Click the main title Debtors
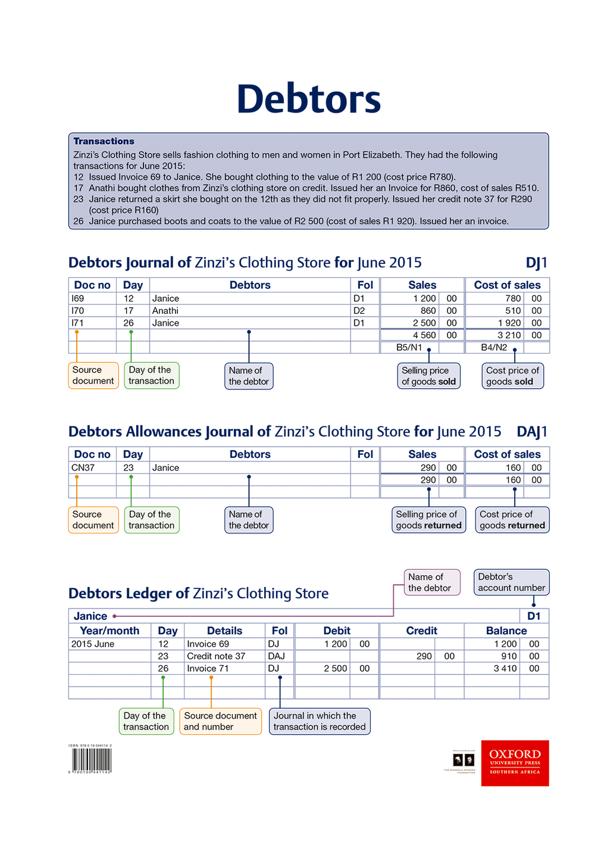coord(309,99)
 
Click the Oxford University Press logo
coord(515,763)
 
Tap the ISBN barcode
coord(92,760)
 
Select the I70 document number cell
coord(78,311)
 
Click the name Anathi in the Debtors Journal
coord(165,311)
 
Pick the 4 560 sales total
coord(424,335)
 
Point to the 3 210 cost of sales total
coord(509,335)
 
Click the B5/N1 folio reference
coord(409,347)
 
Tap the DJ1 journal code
coord(536,263)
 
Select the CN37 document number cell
coord(83,468)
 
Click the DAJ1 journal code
coord(532,432)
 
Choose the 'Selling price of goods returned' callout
coord(429,520)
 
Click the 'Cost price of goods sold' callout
coord(512,376)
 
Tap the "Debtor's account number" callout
coord(511,582)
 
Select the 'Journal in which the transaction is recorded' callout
coord(320,721)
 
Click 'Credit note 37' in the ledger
coord(216,656)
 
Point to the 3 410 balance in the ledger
coord(505,669)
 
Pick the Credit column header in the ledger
coord(421,631)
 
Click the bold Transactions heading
coord(104,141)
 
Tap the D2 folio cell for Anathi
coord(359,311)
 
